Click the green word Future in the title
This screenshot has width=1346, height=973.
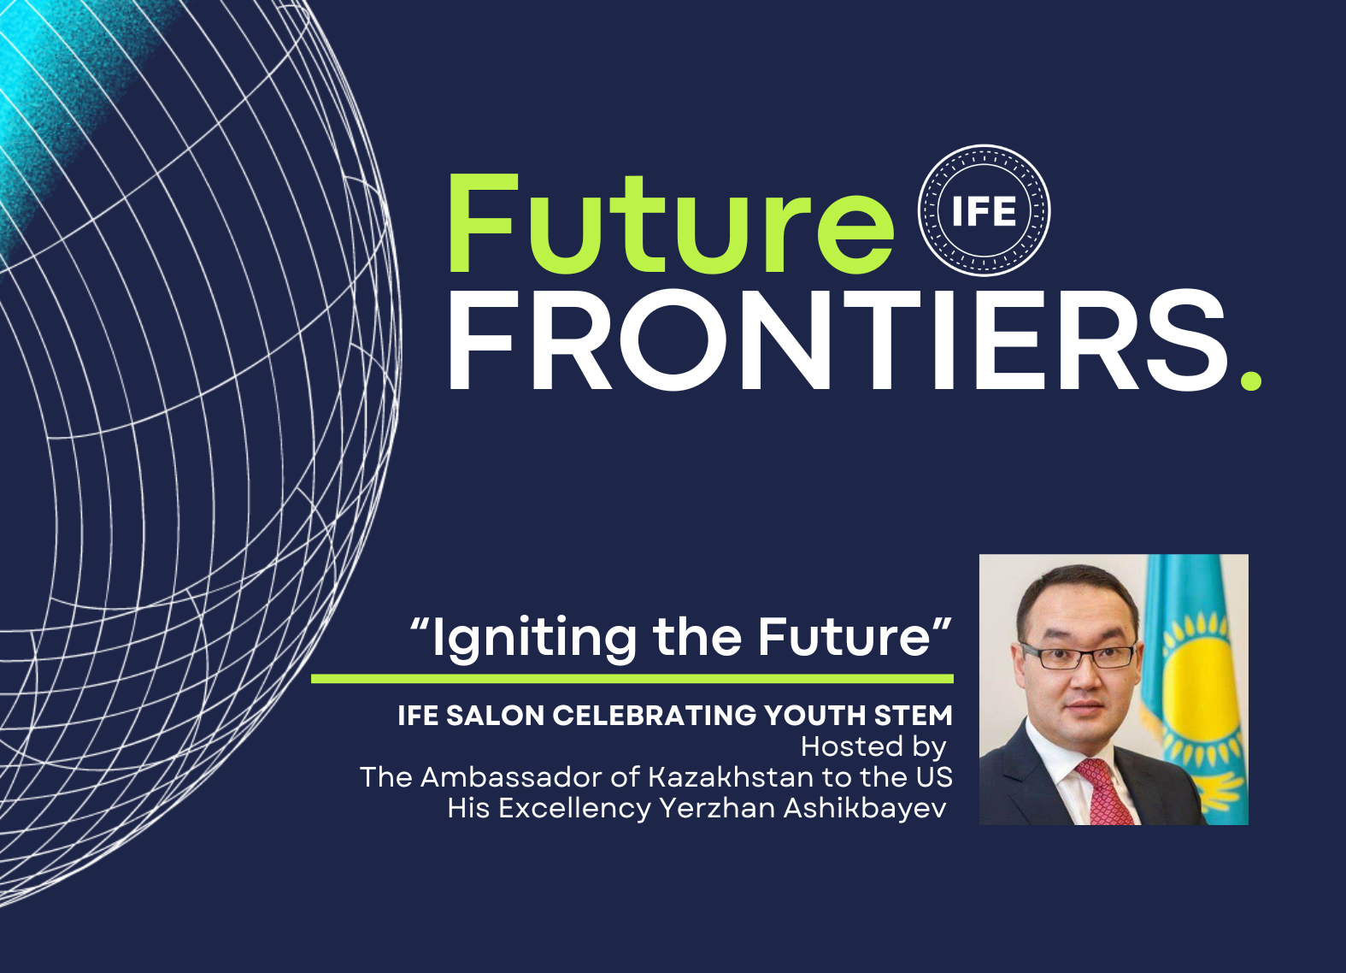[x=671, y=224]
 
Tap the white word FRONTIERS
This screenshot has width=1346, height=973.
[x=837, y=340]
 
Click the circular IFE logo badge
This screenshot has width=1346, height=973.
[x=985, y=210]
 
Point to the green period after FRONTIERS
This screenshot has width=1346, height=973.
[x=1251, y=380]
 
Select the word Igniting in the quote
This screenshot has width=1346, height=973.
[x=533, y=640]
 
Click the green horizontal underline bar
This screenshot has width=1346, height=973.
[x=632, y=679]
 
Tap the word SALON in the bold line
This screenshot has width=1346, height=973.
[x=495, y=716]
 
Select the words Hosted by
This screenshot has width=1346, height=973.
[x=873, y=747]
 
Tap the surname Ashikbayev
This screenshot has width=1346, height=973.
[x=865, y=808]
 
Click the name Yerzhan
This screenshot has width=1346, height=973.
[x=718, y=808]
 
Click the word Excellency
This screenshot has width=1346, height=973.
[x=574, y=808]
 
